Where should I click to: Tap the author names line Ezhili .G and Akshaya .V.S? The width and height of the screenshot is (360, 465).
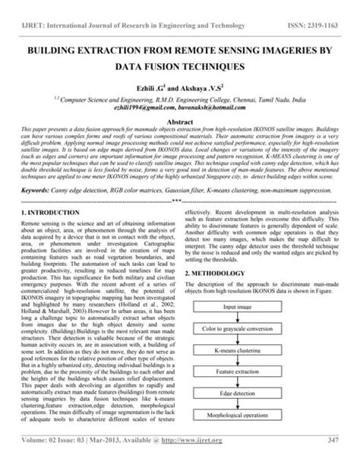point(179,90)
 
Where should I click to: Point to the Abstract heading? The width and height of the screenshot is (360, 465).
point(179,122)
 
